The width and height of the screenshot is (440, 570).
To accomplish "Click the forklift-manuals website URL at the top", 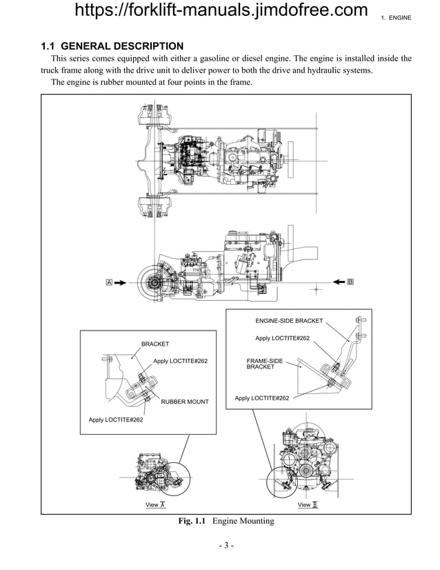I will click(220, 11).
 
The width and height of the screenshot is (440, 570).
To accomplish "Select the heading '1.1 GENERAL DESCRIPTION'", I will click(112, 46).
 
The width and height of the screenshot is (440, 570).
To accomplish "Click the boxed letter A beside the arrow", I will click(109, 282).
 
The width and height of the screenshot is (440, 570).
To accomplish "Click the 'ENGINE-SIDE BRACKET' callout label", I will click(288, 321).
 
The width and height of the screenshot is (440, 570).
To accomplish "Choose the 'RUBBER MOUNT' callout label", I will click(184, 402).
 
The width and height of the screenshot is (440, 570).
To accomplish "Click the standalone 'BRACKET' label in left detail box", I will click(155, 344).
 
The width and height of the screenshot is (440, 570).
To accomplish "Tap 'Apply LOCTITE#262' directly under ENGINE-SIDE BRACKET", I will click(282, 338).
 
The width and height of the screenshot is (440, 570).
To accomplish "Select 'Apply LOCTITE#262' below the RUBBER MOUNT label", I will click(116, 420).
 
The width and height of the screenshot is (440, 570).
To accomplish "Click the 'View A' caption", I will click(155, 505).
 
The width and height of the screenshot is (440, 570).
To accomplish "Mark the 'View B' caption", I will click(307, 505).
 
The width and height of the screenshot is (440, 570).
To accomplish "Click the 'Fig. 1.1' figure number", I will click(192, 521).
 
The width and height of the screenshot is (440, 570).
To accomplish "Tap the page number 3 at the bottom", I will click(227, 546).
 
